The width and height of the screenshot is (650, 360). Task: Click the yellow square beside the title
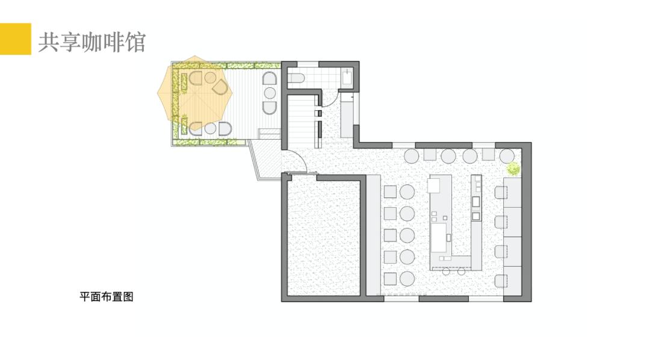[15, 39]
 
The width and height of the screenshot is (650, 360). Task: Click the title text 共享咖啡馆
[92, 42]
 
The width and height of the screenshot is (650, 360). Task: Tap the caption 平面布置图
[107, 297]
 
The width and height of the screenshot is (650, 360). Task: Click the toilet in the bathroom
[296, 78]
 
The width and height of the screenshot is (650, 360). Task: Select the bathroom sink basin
[347, 78]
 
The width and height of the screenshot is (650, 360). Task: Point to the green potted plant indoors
[513, 169]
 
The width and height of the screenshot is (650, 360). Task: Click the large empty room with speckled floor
[323, 237]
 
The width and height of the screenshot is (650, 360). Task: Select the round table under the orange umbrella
[210, 78]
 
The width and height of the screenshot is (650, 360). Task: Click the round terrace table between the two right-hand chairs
[270, 93]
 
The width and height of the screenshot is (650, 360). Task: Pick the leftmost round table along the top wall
[412, 156]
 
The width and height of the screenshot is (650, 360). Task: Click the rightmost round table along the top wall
[507, 156]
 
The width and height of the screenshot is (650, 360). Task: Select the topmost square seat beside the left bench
[390, 192]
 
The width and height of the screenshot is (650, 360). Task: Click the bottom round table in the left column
[407, 279]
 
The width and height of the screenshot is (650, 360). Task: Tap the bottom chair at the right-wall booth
[501, 281]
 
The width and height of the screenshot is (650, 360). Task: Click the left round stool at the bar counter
[446, 272]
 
